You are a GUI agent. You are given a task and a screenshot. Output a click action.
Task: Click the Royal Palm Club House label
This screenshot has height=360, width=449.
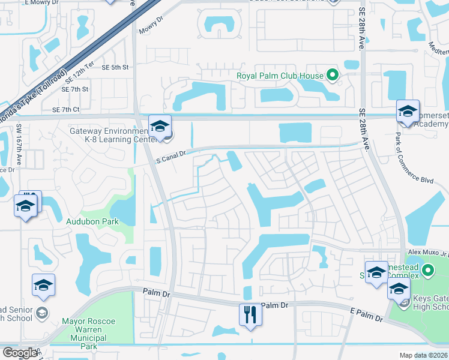[280, 76]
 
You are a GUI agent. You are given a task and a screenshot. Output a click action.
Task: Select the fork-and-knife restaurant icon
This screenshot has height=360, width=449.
[250, 314]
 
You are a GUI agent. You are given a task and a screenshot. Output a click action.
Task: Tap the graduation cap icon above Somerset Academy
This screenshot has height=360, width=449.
[408, 111]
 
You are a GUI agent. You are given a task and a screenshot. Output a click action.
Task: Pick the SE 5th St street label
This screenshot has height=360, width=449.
[115, 68]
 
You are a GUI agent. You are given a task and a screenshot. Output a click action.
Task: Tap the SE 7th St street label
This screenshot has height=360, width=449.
[75, 89]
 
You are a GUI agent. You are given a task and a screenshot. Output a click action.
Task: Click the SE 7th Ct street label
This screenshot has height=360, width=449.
[66, 110]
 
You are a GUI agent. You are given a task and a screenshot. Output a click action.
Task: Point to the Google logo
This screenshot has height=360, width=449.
[20, 353]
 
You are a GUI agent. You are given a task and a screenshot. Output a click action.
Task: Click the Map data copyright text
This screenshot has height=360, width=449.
[424, 355]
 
